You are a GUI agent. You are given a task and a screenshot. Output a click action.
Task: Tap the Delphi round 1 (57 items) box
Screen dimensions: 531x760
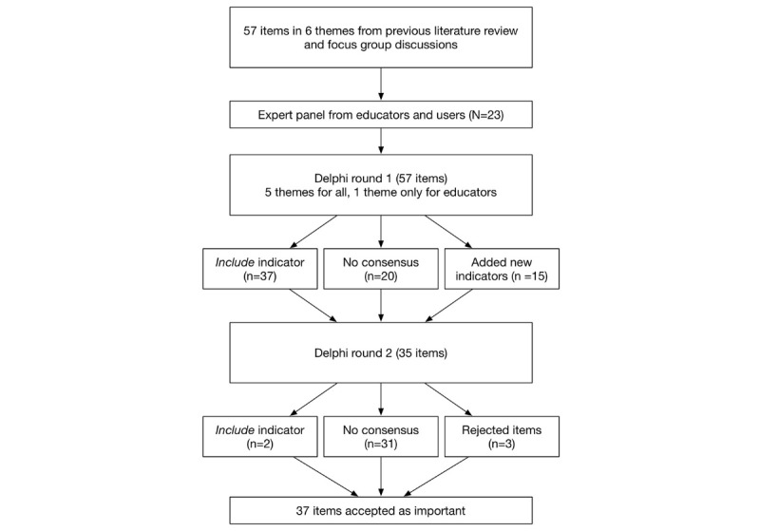point(380,186)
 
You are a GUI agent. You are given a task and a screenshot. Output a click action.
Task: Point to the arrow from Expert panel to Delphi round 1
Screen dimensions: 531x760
point(380,144)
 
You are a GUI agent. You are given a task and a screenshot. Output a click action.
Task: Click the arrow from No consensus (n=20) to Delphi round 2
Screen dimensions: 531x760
point(380,307)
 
